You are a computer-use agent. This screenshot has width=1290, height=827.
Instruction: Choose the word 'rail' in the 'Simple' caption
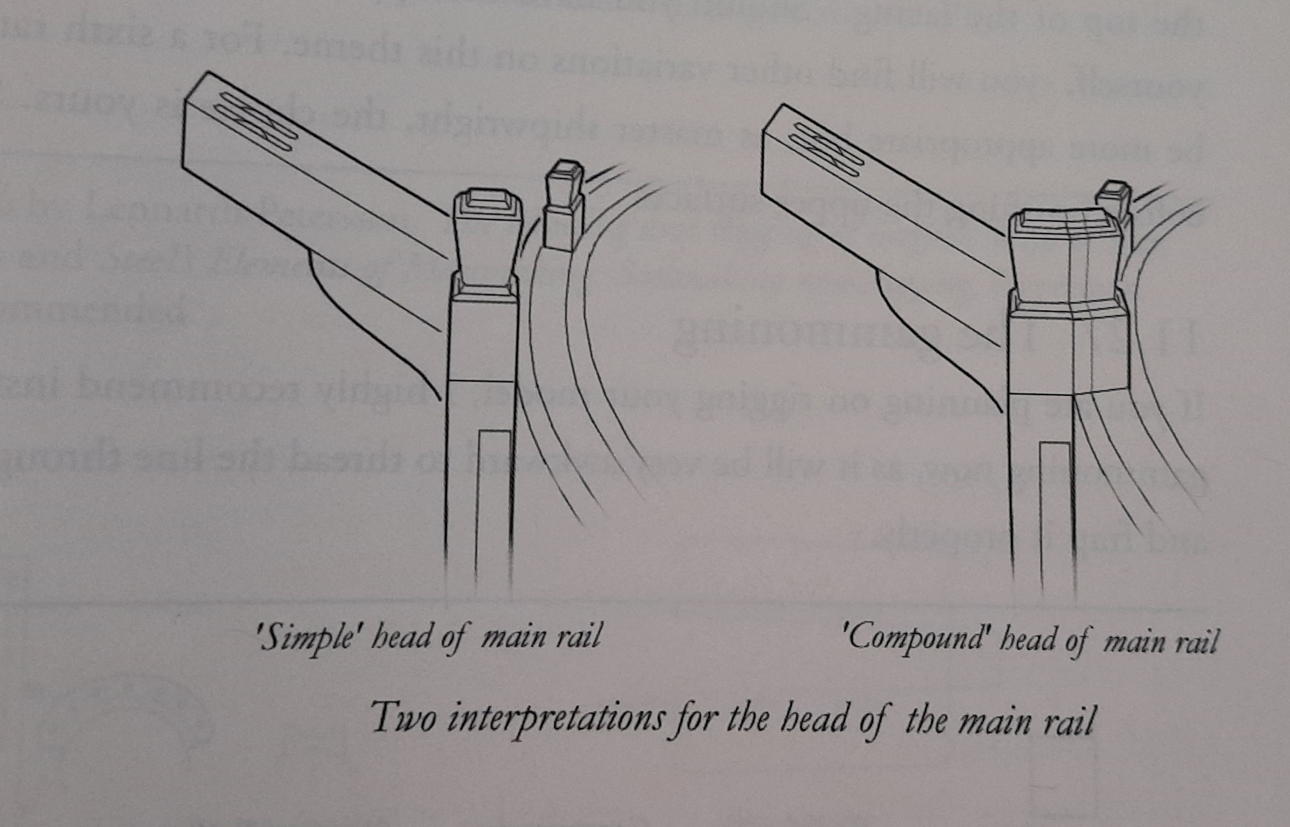click(579, 638)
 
